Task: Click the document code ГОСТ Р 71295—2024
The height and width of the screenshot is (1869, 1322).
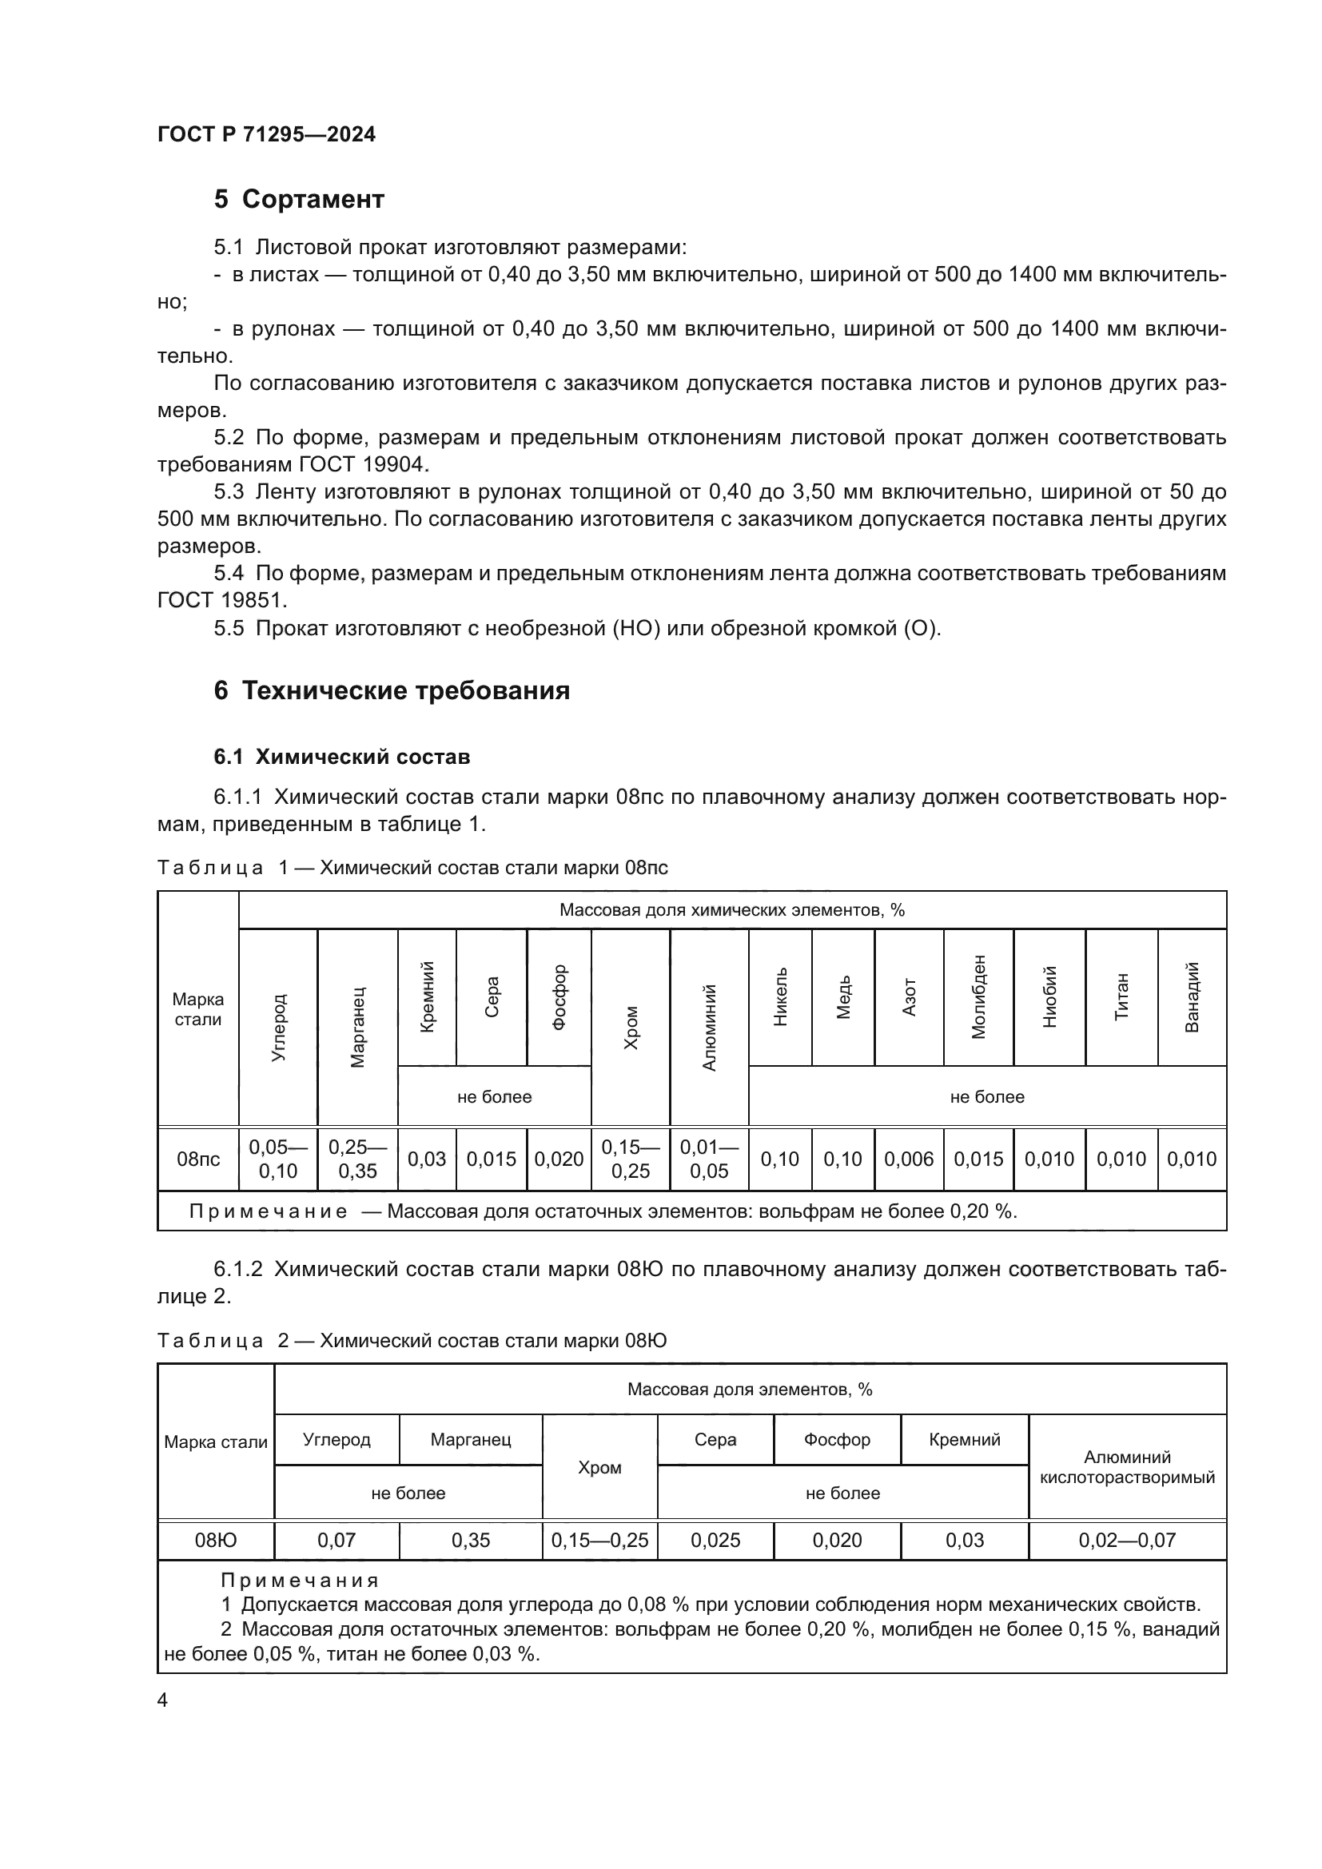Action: point(266,134)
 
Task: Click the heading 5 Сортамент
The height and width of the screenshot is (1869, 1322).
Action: point(299,200)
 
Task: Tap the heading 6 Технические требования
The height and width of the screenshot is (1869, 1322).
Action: point(392,691)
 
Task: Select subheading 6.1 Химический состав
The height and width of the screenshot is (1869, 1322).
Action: point(342,757)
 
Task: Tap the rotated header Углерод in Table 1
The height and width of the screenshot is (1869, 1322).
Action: point(278,1027)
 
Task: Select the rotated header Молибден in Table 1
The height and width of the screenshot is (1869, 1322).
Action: point(978,996)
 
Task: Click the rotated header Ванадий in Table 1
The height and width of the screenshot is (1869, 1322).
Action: point(1192,996)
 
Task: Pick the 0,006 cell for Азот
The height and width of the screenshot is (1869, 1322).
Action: point(909,1159)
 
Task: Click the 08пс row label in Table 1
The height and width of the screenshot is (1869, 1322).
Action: point(197,1159)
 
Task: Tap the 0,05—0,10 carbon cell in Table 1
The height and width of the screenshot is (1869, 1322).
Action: point(277,1159)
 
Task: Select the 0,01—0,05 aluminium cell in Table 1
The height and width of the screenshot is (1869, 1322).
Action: point(709,1159)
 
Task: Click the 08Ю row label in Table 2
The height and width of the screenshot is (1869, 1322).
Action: point(216,1540)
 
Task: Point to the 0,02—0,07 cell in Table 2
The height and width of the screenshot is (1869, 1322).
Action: point(1128,1540)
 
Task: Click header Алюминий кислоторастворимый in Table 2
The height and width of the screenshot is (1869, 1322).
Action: point(1128,1467)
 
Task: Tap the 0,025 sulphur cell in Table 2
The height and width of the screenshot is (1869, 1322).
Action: point(715,1540)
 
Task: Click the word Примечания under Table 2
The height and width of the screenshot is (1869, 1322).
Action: point(300,1581)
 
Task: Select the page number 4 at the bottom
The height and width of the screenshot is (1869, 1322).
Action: point(162,1700)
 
